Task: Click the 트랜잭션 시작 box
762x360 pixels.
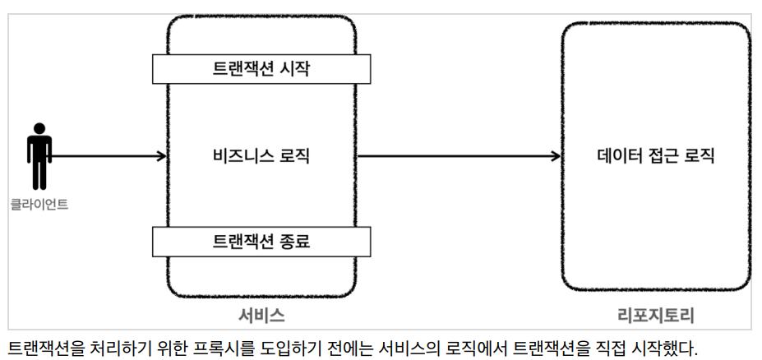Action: pos(261,69)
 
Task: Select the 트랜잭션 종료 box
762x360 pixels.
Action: pos(261,242)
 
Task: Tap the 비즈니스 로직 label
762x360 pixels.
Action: pos(261,156)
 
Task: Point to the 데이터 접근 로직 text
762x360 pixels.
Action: pos(656,156)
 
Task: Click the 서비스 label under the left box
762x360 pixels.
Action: pos(261,316)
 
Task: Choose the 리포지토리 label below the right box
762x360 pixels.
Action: pos(656,316)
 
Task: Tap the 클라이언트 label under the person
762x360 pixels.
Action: pos(39,205)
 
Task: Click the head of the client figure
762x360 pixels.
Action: pos(39,128)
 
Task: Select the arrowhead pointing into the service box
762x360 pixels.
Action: pos(162,156)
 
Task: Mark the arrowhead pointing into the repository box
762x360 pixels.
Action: pos(556,156)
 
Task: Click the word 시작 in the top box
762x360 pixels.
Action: pos(295,69)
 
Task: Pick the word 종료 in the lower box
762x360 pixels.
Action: pos(295,242)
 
